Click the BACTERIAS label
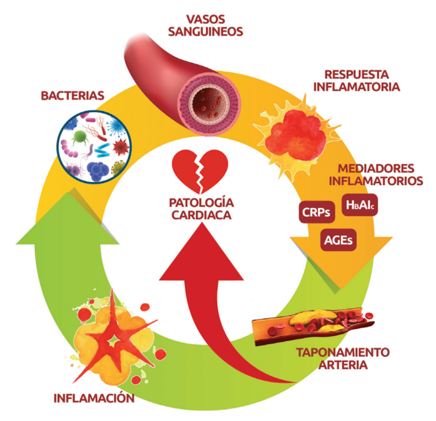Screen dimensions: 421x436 pyautogui.click(x=72, y=96)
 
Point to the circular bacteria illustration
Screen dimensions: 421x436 pyautogui.click(x=93, y=146)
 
